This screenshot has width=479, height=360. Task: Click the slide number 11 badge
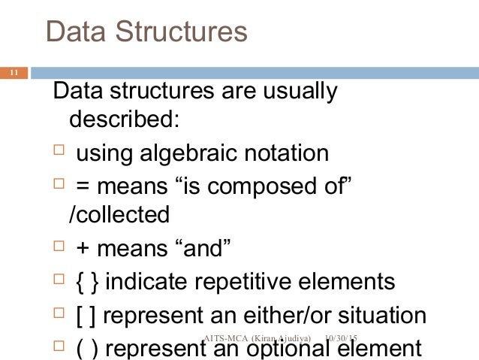pyautogui.click(x=14, y=73)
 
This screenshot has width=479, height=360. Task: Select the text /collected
pyautogui.click(x=119, y=215)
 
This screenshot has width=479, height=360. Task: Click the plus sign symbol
pyautogui.click(x=83, y=249)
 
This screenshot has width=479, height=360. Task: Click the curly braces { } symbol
pyautogui.click(x=89, y=283)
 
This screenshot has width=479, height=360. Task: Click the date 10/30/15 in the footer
pyautogui.click(x=342, y=340)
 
